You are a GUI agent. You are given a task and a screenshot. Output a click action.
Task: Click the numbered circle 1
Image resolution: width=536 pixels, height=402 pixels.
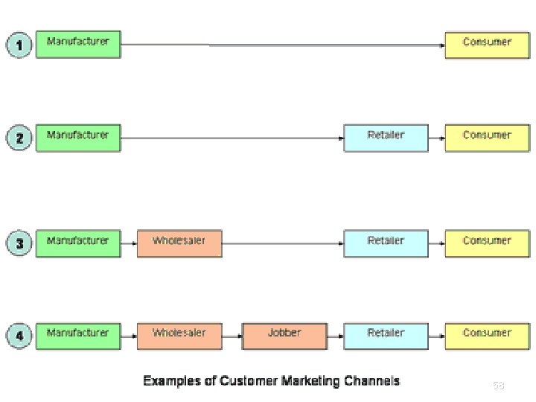[19, 45]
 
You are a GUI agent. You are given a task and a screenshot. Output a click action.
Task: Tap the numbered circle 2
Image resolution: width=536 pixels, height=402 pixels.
[19, 138]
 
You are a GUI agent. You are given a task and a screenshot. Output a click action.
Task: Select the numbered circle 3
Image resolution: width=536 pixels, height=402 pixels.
[19, 243]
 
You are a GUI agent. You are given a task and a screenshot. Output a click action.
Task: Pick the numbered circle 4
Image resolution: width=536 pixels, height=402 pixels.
[19, 336]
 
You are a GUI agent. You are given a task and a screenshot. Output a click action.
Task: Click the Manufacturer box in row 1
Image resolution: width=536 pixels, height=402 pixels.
[78, 44]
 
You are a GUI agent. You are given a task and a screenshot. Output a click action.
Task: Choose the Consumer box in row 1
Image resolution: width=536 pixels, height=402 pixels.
[487, 44]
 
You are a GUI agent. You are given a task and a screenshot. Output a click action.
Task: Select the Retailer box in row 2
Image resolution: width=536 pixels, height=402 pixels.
[386, 138]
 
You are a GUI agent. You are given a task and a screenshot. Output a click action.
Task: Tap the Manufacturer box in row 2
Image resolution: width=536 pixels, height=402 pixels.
[78, 138]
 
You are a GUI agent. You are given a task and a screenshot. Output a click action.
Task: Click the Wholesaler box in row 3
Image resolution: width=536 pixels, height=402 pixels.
[179, 243]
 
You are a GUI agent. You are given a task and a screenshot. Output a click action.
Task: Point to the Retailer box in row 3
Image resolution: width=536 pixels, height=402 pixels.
[386, 243]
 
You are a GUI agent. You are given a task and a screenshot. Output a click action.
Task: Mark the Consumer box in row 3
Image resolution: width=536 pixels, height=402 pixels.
[487, 243]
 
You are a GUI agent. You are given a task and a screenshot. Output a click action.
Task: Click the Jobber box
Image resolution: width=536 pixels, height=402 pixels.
[284, 336]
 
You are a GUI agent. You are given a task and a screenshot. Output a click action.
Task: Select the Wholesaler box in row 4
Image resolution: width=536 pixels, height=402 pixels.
[179, 336]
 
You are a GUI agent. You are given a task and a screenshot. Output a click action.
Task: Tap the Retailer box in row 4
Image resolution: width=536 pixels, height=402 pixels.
[386, 336]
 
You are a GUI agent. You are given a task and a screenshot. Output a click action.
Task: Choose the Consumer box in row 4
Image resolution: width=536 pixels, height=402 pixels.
[487, 336]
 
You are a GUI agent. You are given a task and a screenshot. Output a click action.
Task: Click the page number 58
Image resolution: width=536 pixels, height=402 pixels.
[498, 386]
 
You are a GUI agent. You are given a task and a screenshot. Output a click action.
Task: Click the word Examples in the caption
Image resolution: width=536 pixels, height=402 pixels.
[172, 381]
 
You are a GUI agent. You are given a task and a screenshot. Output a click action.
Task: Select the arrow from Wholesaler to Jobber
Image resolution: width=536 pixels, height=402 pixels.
[232, 336]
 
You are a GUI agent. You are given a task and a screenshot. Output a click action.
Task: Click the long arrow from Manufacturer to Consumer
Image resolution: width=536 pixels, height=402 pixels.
[283, 45]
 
